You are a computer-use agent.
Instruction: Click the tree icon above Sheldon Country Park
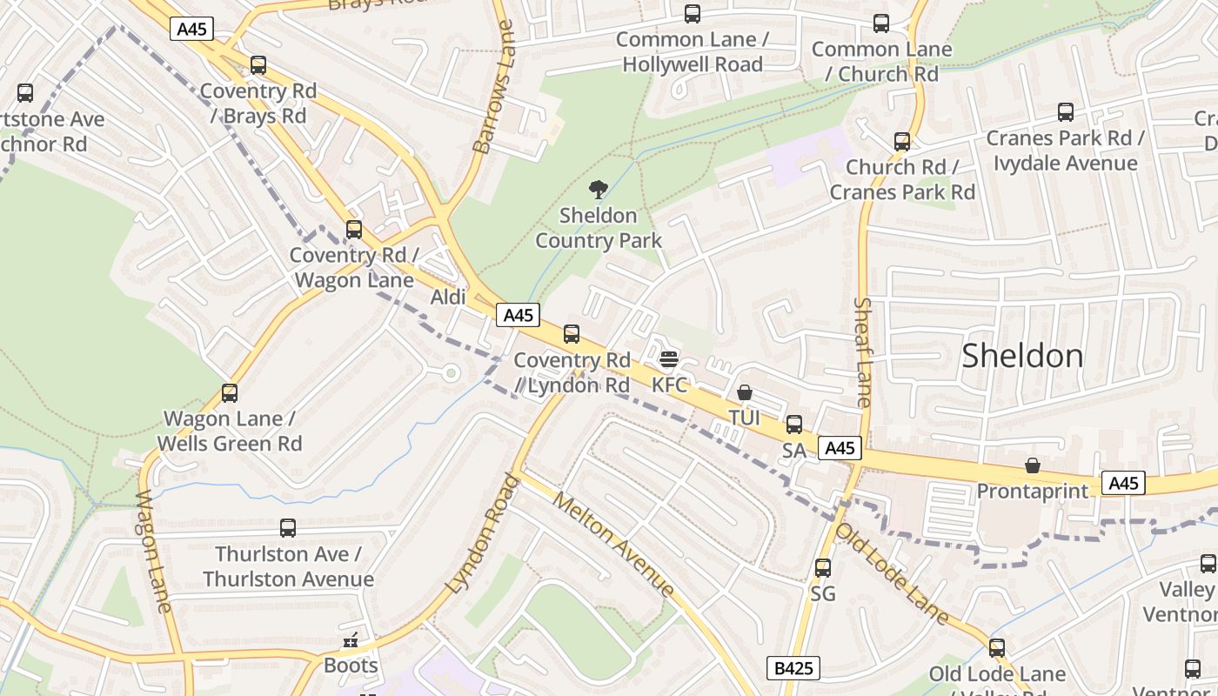click(x=598, y=189)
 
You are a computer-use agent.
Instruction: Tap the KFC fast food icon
click(x=668, y=359)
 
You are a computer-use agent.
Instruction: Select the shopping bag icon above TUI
click(x=745, y=392)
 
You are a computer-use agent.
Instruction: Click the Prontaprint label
click(x=1032, y=491)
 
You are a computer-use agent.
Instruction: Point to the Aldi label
click(x=449, y=298)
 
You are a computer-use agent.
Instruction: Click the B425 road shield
click(x=793, y=668)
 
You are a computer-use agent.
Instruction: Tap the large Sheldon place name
click(x=1022, y=356)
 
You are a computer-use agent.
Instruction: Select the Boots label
click(x=351, y=666)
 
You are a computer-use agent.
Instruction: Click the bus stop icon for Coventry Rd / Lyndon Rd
click(x=572, y=333)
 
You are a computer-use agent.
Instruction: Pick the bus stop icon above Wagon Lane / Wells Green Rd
click(x=230, y=392)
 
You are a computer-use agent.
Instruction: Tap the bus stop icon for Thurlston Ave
click(x=288, y=527)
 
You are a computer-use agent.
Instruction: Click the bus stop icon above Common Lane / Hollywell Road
click(x=693, y=14)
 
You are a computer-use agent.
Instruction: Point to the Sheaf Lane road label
click(x=863, y=351)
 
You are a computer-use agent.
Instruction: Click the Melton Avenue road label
click(x=613, y=544)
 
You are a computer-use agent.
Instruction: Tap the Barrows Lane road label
click(x=495, y=87)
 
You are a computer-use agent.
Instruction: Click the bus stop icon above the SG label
click(x=823, y=568)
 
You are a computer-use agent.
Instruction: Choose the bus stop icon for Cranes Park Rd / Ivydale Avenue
click(x=1066, y=111)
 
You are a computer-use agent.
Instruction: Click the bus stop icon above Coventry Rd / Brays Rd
click(x=258, y=64)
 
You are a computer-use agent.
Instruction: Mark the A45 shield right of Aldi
click(x=518, y=315)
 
